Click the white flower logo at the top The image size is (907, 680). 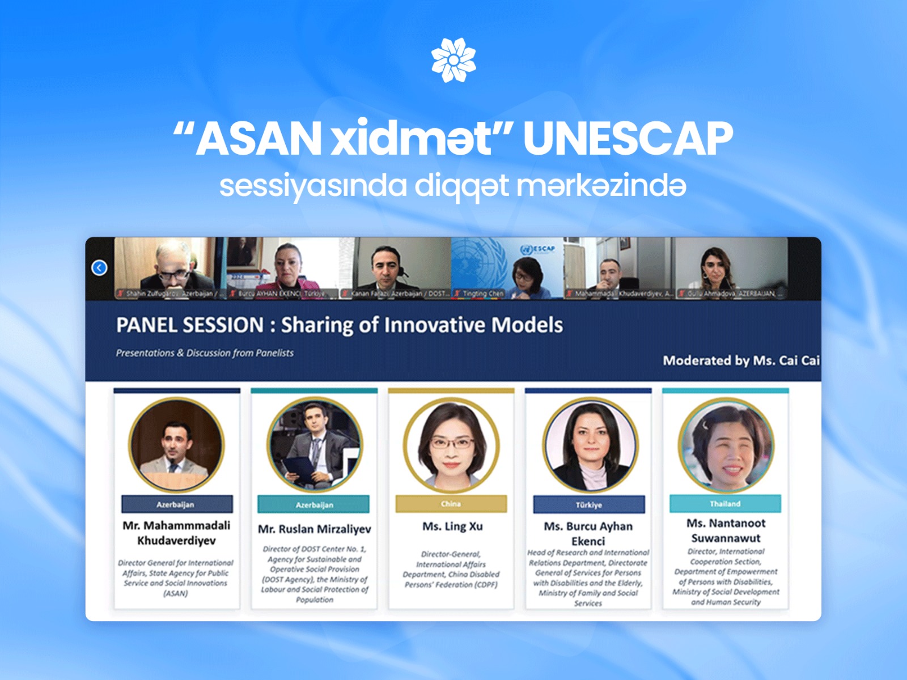(453, 60)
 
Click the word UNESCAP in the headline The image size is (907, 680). (628, 138)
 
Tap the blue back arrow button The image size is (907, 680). (99, 267)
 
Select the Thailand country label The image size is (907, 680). (725, 504)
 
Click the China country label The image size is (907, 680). (451, 504)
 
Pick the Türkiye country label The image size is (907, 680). (588, 504)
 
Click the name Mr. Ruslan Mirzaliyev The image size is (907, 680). (314, 529)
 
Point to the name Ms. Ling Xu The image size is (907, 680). (452, 526)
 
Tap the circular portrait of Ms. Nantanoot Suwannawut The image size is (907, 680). (726, 445)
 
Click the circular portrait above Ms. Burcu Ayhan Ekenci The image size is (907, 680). (590, 445)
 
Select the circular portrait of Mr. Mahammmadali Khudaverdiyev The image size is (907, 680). (176, 445)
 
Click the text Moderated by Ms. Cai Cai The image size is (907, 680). (741, 360)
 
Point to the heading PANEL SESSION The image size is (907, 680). (190, 325)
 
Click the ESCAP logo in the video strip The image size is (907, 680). (538, 249)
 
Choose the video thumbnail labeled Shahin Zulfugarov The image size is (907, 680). (169, 267)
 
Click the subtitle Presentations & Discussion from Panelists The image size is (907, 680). (205, 353)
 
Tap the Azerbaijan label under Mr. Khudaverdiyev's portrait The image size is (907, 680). (176, 504)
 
